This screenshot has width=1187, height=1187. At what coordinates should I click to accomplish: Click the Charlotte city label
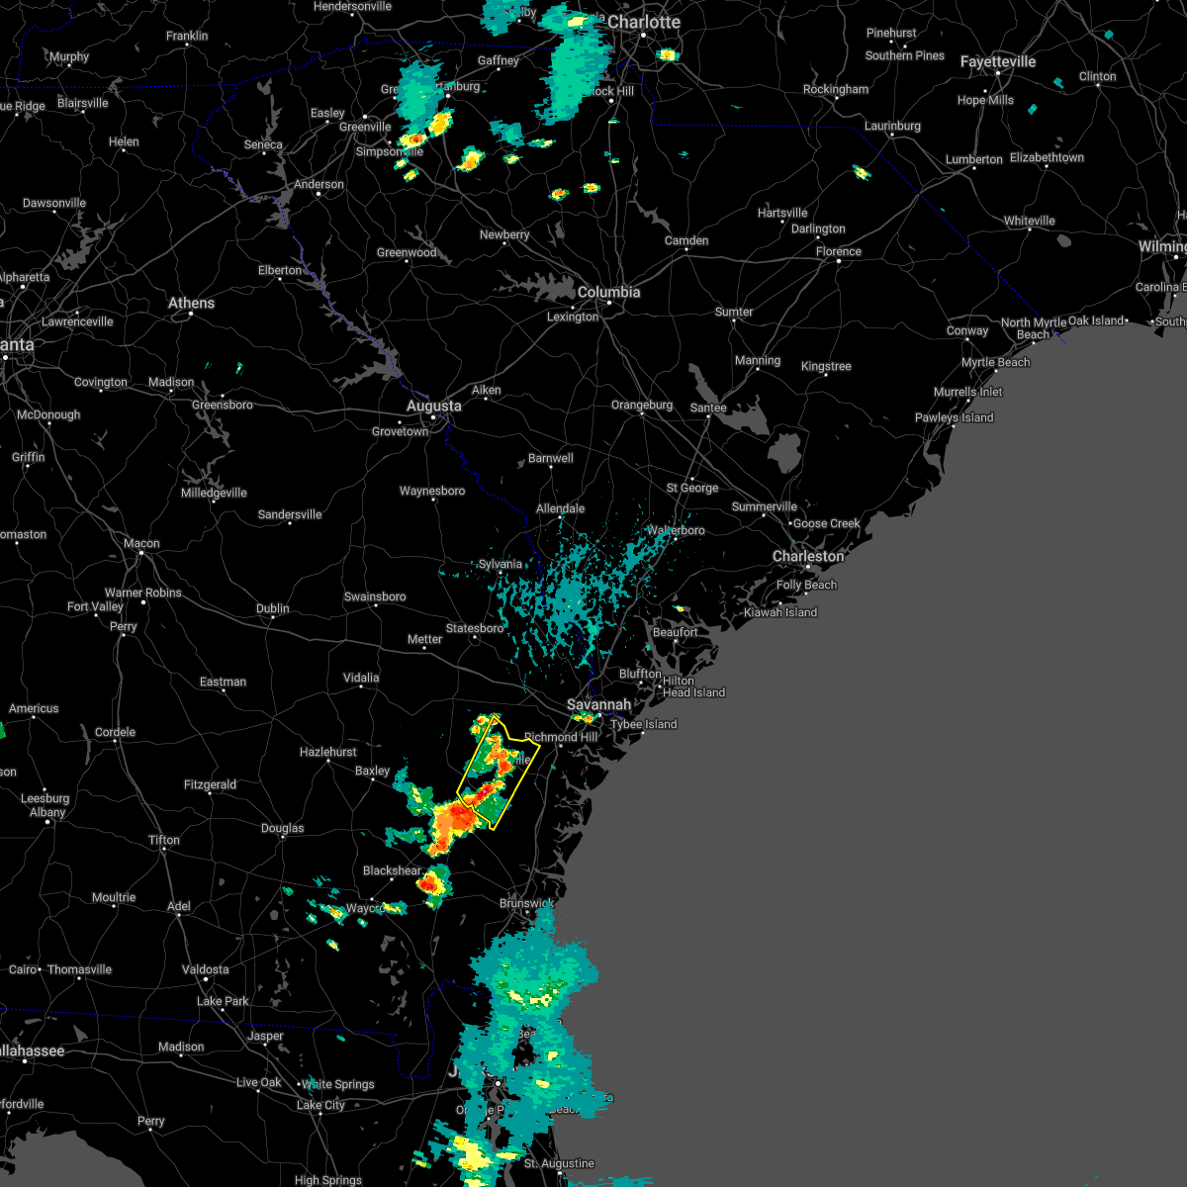tap(644, 23)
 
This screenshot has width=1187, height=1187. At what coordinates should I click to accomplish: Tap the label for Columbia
tap(608, 293)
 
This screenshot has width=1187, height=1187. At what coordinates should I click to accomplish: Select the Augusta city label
tap(433, 407)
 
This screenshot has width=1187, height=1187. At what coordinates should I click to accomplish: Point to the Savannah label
tap(598, 705)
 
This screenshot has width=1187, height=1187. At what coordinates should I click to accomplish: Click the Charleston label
tap(808, 557)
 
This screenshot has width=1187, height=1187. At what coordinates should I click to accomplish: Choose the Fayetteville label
tap(998, 62)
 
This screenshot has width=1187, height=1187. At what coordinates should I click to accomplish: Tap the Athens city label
tap(191, 304)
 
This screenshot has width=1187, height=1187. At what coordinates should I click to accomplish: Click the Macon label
tap(141, 544)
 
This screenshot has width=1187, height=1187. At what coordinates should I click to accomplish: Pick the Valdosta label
tap(205, 970)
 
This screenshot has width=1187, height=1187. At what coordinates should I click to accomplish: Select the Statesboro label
tap(475, 629)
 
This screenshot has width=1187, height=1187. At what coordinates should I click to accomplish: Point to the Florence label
tap(839, 252)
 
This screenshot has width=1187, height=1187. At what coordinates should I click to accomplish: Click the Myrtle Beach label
tap(996, 363)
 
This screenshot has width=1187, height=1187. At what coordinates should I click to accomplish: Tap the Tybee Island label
tap(644, 725)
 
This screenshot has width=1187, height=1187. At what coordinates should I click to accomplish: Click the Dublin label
tap(273, 609)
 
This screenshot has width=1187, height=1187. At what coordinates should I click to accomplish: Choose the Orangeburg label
tap(642, 406)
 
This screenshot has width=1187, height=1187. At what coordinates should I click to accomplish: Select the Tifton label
tap(164, 841)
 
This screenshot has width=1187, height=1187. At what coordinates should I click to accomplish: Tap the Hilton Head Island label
tap(693, 687)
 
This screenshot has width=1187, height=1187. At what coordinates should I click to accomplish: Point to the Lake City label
tap(320, 1106)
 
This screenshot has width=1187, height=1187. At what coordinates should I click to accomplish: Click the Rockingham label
tap(836, 90)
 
